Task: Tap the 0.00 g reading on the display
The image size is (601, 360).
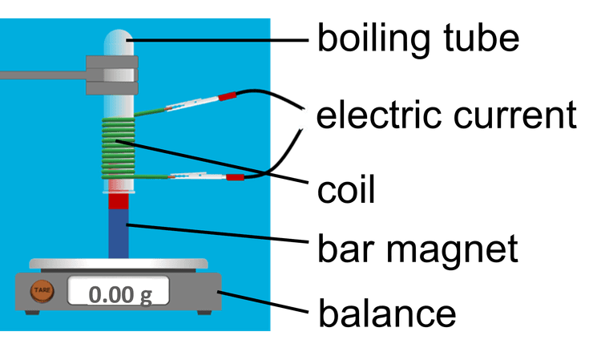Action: click(x=119, y=293)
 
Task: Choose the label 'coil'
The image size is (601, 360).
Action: click(x=346, y=191)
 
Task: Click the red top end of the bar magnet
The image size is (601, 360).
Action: click(x=118, y=200)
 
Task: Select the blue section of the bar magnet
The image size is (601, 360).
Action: click(x=118, y=233)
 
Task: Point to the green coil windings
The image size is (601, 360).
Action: click(x=117, y=148)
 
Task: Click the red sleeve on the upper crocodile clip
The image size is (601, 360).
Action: click(x=227, y=96)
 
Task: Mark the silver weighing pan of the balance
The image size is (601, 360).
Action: click(x=118, y=263)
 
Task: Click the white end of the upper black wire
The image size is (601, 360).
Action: click(x=304, y=107)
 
